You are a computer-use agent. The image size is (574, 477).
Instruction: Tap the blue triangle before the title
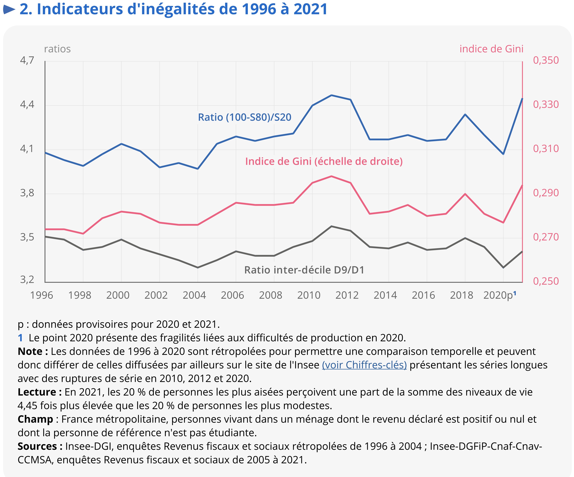click(x=9, y=10)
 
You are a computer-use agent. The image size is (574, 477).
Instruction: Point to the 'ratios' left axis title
click(x=57, y=49)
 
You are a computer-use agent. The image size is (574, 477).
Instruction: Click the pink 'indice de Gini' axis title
click(x=491, y=49)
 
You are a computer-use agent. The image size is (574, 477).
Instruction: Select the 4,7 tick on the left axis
click(x=27, y=60)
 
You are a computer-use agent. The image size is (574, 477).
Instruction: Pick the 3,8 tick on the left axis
click(x=27, y=193)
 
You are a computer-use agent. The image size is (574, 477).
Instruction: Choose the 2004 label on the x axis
click(x=194, y=295)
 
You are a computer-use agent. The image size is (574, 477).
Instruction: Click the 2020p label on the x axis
click(x=498, y=295)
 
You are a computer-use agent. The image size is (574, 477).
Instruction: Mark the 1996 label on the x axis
click(x=42, y=295)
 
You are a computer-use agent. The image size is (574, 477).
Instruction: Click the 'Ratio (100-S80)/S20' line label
click(x=245, y=117)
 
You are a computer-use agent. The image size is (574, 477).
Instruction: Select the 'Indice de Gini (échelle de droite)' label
click(x=324, y=162)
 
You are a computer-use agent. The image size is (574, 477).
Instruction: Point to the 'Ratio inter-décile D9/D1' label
click(x=304, y=270)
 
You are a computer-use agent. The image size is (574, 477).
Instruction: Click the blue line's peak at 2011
click(x=331, y=95)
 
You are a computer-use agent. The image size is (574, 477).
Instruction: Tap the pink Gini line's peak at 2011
click(x=331, y=176)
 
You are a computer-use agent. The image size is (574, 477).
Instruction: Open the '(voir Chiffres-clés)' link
click(x=364, y=365)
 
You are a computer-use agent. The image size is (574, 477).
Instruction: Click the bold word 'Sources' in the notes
click(x=37, y=446)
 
